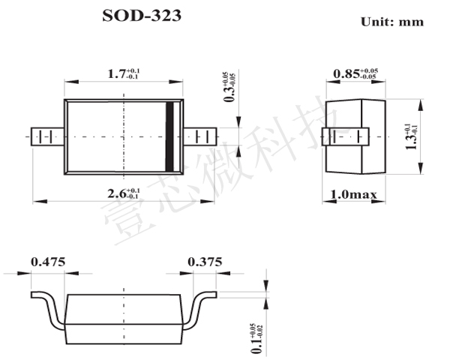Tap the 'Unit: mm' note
392,22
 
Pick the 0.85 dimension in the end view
355,73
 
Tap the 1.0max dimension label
353,195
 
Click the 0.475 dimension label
48,262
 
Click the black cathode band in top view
170,137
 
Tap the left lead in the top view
47,137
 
